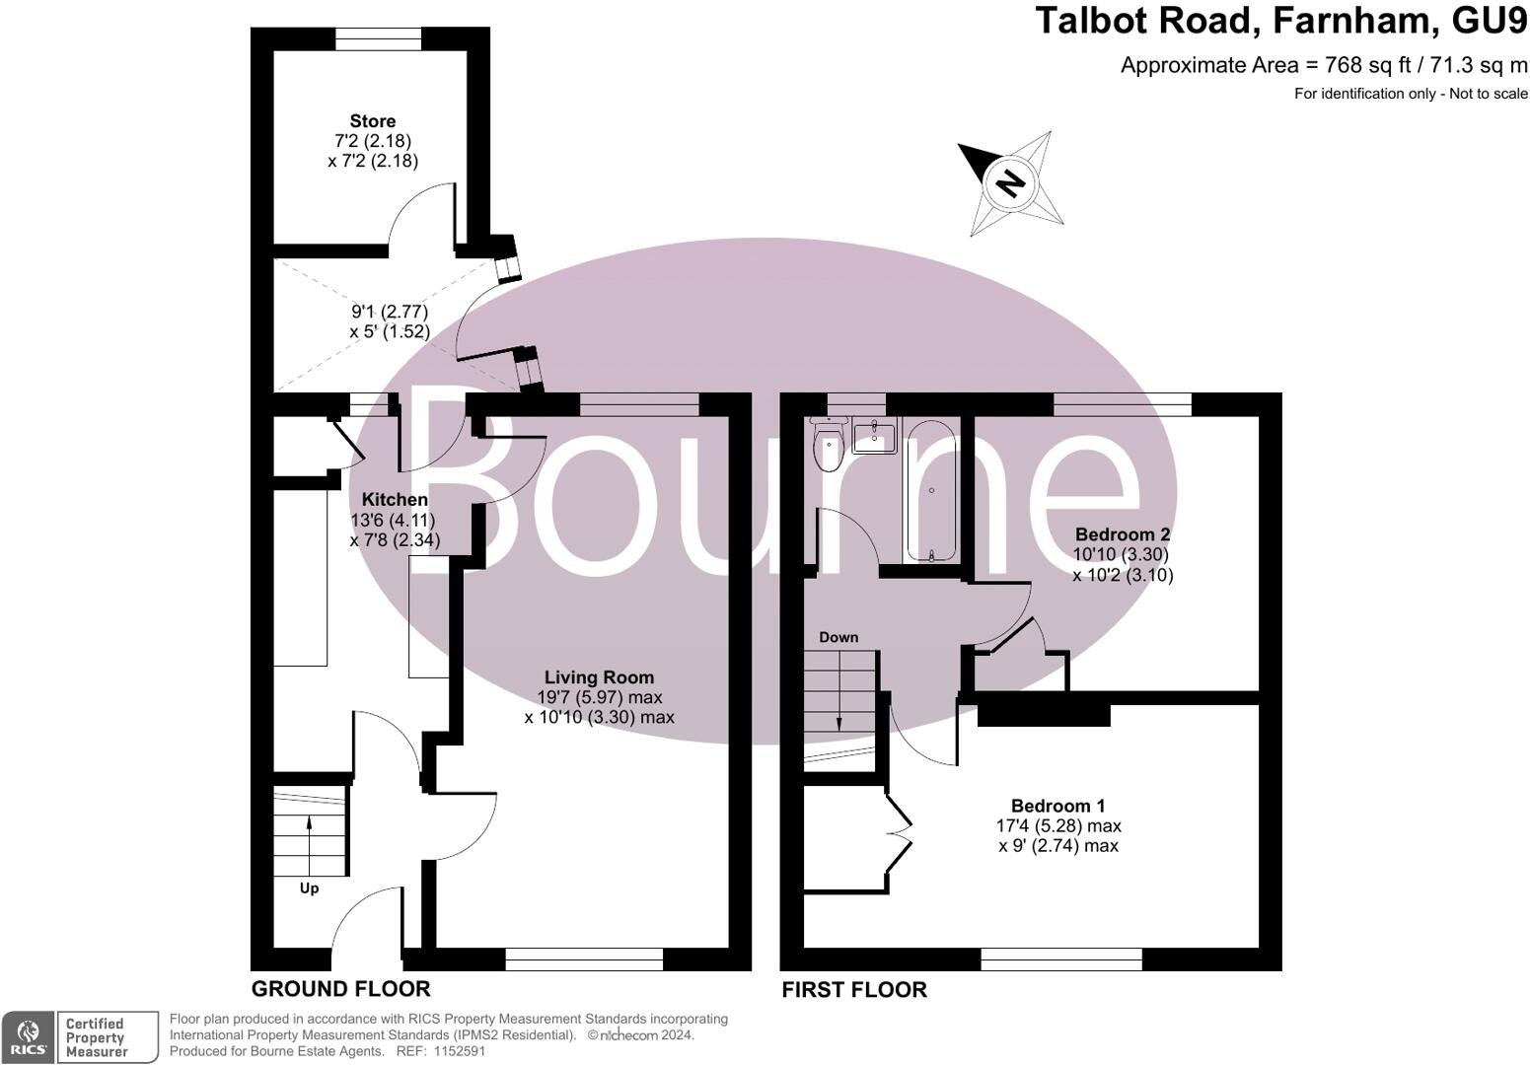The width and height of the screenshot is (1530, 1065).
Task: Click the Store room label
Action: click(372, 121)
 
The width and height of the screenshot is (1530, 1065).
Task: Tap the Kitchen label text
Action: click(395, 499)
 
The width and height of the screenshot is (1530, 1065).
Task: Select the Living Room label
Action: click(599, 677)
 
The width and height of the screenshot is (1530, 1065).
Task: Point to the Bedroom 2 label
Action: click(1123, 533)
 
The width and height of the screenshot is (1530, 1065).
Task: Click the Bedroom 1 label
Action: click(1058, 806)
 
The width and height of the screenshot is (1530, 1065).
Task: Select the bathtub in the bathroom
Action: click(931, 491)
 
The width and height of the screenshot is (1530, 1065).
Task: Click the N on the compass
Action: click(1010, 183)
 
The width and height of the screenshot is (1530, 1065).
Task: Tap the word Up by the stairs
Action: click(309, 888)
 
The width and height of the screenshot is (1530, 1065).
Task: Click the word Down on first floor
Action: click(838, 637)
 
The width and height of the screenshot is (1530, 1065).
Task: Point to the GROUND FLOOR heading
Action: click(341, 988)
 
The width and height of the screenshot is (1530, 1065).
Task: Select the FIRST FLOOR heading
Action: click(854, 989)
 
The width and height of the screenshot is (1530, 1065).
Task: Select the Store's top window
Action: click(379, 38)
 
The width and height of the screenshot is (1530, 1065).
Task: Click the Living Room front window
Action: click(584, 959)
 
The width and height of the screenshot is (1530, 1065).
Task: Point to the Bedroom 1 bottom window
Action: click(1061, 959)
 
